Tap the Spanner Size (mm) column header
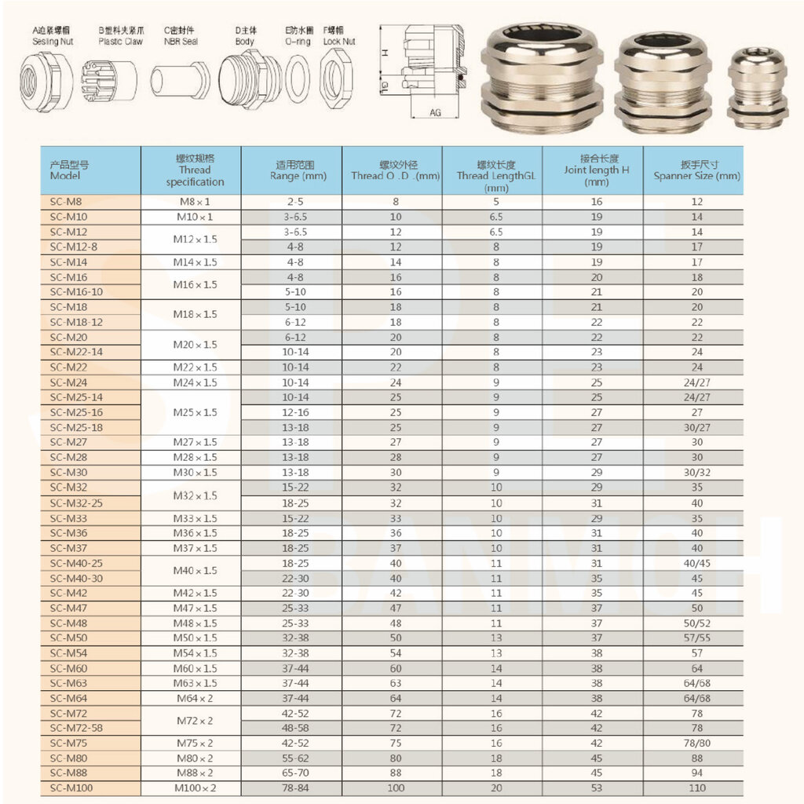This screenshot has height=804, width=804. pyautogui.click(x=696, y=170)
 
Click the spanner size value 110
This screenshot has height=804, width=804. pyautogui.click(x=696, y=788)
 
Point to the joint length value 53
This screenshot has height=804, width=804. pyautogui.click(x=597, y=788)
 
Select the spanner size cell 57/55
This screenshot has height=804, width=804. pyautogui.click(x=696, y=638)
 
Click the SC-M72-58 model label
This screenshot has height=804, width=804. pyautogui.click(x=76, y=728)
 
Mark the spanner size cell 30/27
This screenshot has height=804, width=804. pyautogui.click(x=696, y=427)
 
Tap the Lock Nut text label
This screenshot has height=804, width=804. pyautogui.click(x=339, y=41)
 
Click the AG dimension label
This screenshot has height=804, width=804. pyautogui.click(x=436, y=112)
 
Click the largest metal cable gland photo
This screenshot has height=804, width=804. pyautogui.click(x=542, y=77)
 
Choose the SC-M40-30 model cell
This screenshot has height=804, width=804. pyautogui.click(x=76, y=578)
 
